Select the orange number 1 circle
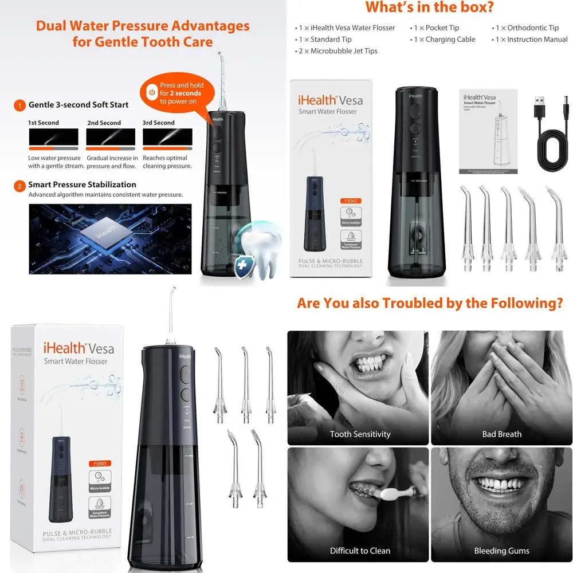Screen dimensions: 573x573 pos(19,105)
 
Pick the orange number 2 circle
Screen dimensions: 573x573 pos(19,185)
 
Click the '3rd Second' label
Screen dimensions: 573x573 pos(159,123)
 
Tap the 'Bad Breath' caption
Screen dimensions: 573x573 pos(501,434)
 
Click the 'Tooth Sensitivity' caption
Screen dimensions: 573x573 pos(360,434)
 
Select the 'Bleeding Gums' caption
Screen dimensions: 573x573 pos(501,551)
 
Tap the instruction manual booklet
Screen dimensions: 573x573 pos(488,131)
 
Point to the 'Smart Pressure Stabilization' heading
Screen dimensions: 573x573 pos(83,185)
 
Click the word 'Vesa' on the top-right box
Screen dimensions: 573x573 pos(350,100)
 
